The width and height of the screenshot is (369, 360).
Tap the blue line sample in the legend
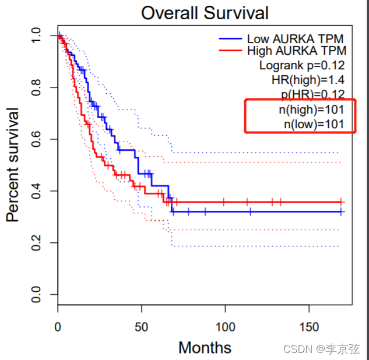pos(230,38)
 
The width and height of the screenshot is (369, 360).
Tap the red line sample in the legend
pos(230,51)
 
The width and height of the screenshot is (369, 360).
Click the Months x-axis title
pos(205,348)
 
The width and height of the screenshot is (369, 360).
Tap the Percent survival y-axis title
pos(13,164)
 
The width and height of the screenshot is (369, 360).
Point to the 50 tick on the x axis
pos(140,326)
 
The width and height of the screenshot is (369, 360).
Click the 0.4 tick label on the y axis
pos(36,191)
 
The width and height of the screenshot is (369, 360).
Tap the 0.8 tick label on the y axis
pos(36,88)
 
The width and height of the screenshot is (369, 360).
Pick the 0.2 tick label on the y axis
pos(36,243)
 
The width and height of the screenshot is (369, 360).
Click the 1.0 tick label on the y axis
pos(36,36)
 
